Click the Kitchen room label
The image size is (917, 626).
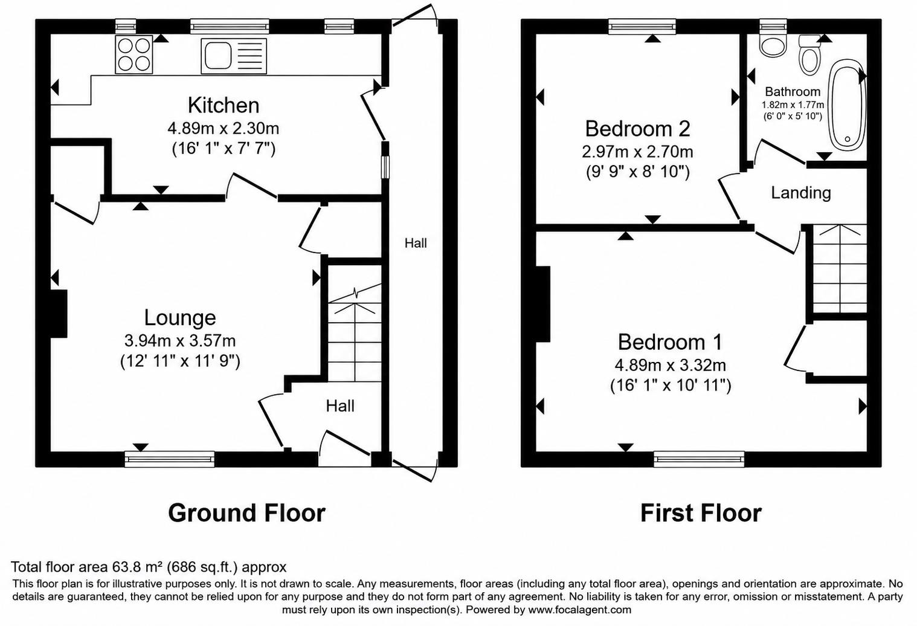[x=224, y=105]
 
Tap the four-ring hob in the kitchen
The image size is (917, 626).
[x=134, y=54]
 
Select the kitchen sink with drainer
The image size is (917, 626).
[x=234, y=56]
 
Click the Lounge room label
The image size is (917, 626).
[x=180, y=318]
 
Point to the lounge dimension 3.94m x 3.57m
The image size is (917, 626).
[x=180, y=340]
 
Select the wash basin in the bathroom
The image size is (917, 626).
[x=773, y=45]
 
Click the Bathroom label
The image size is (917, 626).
[x=793, y=91]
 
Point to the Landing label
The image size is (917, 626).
[x=801, y=193]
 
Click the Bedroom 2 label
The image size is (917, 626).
[x=638, y=129]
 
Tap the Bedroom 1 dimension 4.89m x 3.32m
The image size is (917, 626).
[x=671, y=365]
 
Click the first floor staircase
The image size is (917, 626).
[x=840, y=268]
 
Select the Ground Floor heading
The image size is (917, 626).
[x=247, y=512]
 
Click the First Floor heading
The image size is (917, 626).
[x=701, y=512]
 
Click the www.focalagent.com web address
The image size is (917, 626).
[x=580, y=610]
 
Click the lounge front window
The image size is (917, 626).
[x=170, y=459]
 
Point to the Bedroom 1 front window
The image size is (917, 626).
[x=699, y=459]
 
